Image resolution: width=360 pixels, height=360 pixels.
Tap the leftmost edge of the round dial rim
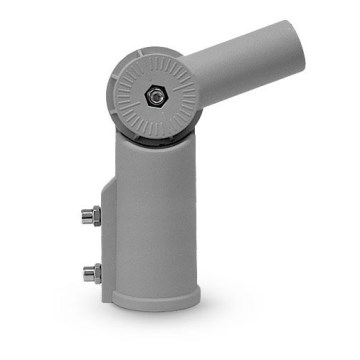pyautogui.click(x=109, y=99)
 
